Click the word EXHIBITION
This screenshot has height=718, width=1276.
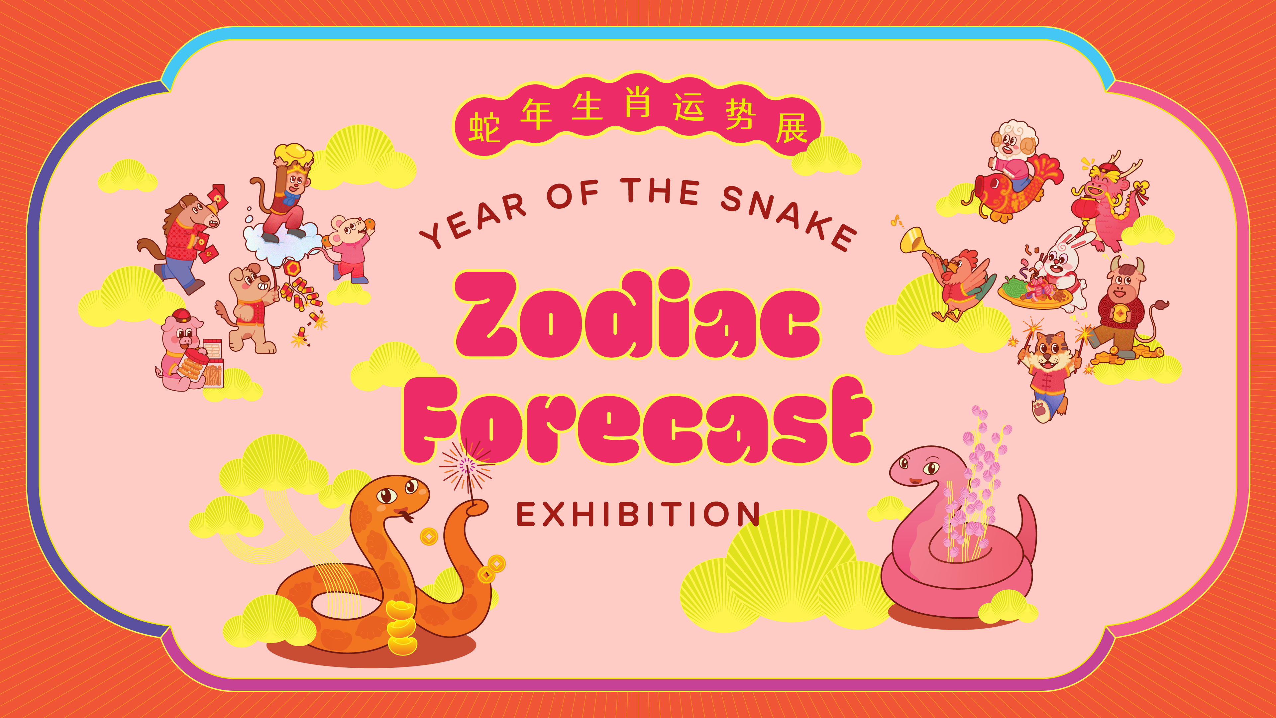tap(638, 514)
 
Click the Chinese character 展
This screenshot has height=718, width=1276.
tap(791, 128)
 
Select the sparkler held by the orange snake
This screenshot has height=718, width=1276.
tap(466, 468)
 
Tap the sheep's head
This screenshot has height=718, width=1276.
tap(1013, 141)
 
